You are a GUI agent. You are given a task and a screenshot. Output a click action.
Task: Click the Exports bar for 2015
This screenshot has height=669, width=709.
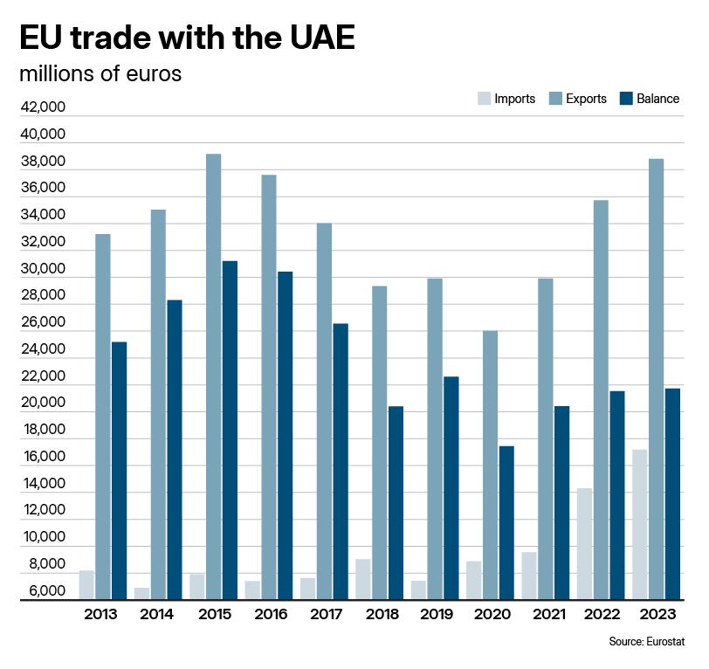click(x=213, y=376)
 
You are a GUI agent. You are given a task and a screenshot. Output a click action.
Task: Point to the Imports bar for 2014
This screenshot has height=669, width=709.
click(x=141, y=593)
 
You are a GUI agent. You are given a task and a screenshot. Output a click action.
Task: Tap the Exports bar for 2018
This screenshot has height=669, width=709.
click(x=379, y=442)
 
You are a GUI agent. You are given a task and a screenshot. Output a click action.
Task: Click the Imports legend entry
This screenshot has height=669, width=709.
click(x=506, y=99)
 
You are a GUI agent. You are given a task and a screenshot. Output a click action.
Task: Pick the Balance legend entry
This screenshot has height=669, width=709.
click(x=649, y=99)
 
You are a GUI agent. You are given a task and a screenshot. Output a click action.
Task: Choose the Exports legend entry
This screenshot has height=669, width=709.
click(x=577, y=99)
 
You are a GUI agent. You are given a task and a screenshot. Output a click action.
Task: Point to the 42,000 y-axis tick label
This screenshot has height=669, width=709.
click(x=42, y=108)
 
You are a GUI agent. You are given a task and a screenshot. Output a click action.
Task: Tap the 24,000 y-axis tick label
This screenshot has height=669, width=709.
click(x=42, y=350)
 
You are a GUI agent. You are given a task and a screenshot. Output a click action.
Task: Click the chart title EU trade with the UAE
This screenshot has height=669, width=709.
click(x=187, y=38)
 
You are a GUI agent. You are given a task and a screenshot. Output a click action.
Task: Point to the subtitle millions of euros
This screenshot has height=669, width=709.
click(x=100, y=74)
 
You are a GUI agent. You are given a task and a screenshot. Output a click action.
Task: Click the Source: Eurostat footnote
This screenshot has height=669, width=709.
click(x=646, y=642)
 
